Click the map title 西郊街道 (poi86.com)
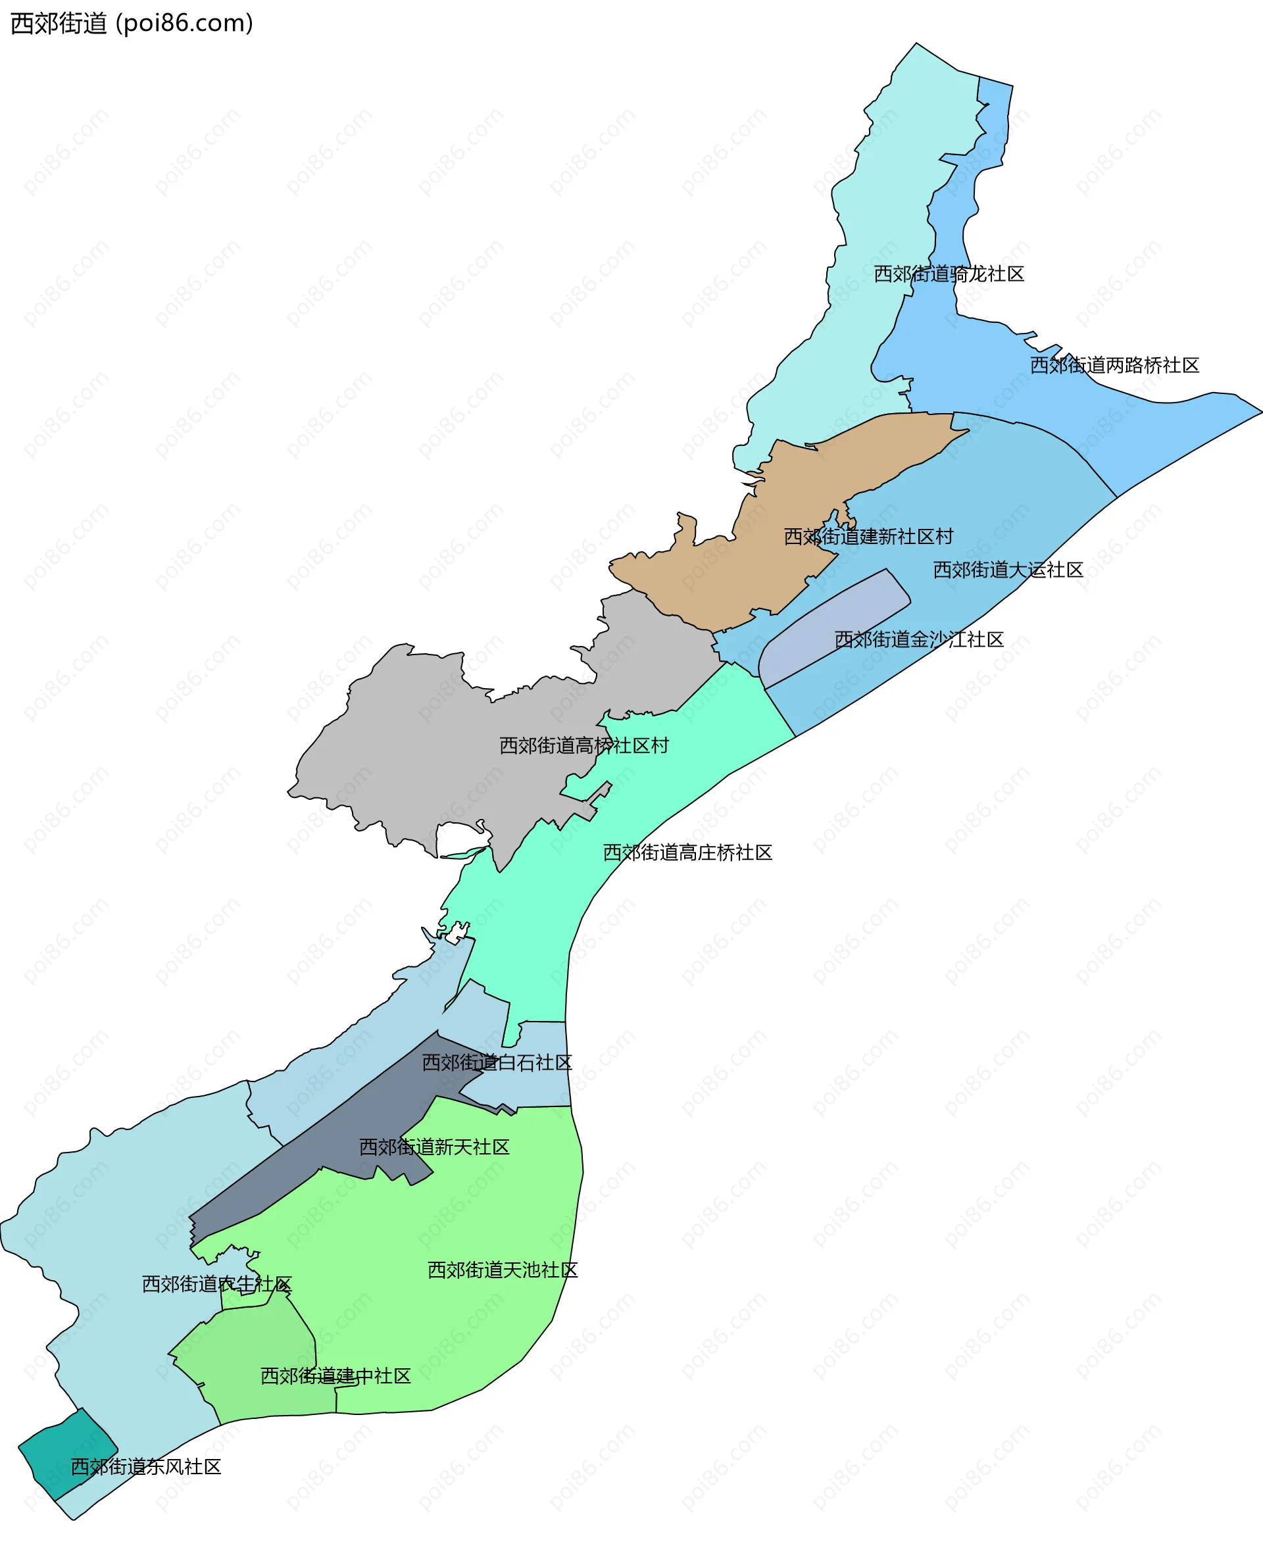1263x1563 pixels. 132,23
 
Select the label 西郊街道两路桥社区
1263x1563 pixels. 1114,364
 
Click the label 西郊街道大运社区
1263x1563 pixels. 1008,570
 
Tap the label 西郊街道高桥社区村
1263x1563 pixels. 583,745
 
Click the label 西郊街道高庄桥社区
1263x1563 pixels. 687,852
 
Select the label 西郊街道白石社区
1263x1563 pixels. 497,1062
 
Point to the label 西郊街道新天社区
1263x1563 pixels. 433,1147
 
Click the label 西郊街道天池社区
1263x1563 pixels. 502,1270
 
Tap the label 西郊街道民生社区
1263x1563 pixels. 217,1283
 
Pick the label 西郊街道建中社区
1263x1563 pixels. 335,1376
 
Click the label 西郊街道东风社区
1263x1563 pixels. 145,1466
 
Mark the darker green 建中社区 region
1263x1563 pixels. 255,1346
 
